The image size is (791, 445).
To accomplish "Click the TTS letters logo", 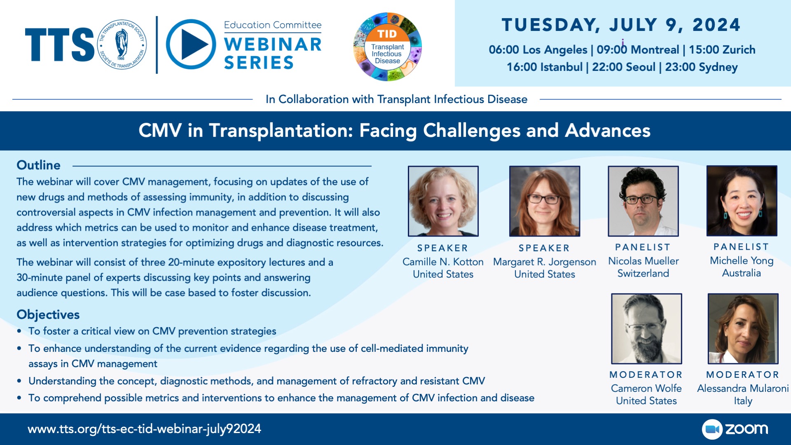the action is pos(60,45).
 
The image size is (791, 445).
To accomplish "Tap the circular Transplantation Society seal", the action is pos(122,44).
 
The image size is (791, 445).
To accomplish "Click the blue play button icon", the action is pos(191,44).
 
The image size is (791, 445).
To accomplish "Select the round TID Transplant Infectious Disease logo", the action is pos(387,47).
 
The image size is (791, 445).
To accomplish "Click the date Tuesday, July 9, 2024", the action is pos(621,25).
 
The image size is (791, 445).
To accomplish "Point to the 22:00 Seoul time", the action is pos(623,67).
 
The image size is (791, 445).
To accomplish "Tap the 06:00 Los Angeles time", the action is pos(538,50).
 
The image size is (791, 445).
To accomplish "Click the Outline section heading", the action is pos(38,165).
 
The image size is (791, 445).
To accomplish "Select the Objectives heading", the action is pos(48,315).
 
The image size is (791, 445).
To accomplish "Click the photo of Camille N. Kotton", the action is pos(443,201).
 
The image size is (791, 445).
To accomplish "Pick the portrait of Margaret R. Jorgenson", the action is pos(545,201).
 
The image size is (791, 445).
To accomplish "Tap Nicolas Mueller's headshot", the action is pos(643,201).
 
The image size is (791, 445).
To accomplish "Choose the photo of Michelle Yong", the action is pos(742,201).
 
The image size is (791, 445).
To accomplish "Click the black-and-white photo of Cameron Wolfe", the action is pos(646,329).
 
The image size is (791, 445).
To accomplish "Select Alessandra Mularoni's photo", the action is pos(743,329).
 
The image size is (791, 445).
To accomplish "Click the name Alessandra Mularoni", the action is pos(743,388).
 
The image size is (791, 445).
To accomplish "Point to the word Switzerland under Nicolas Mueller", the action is pos(643,273).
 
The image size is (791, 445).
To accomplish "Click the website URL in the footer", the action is pos(144,429).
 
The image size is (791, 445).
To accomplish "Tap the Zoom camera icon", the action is pos(712,429).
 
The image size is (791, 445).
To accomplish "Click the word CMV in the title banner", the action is pos(160,131).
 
